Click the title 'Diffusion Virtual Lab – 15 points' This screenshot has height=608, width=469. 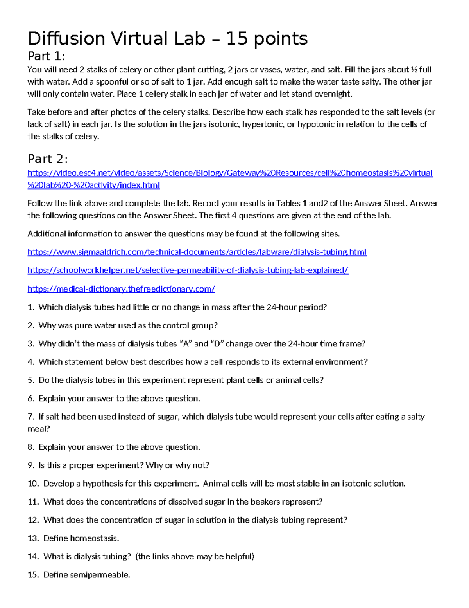point(168,39)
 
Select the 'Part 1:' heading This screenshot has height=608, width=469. point(46,57)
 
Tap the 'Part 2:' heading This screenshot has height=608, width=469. point(47,159)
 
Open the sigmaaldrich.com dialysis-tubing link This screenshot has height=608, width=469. point(197,252)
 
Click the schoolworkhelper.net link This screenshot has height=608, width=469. point(188,271)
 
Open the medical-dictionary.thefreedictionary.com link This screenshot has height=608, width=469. point(121,289)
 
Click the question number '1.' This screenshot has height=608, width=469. point(31,307)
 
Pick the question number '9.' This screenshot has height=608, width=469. point(31,465)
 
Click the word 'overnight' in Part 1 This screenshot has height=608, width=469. point(333,94)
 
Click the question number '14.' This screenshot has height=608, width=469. point(33,557)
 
